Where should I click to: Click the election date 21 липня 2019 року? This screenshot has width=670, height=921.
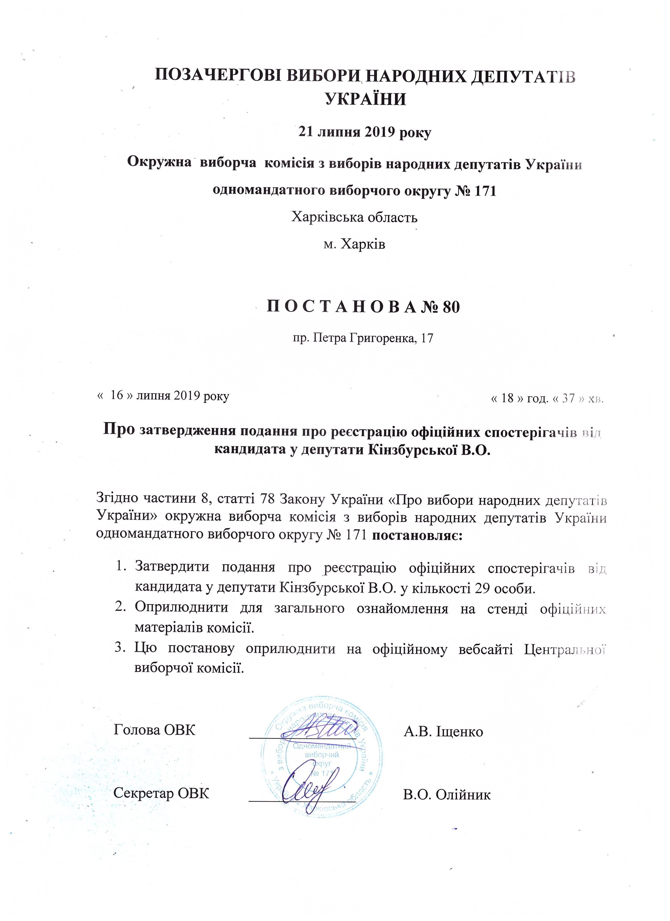pyautogui.click(x=364, y=133)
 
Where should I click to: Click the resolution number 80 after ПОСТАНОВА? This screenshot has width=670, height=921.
pyautogui.click(x=451, y=308)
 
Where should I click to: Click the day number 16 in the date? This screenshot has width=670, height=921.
pyautogui.click(x=117, y=395)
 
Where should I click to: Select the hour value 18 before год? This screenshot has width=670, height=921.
pyautogui.click(x=507, y=398)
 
